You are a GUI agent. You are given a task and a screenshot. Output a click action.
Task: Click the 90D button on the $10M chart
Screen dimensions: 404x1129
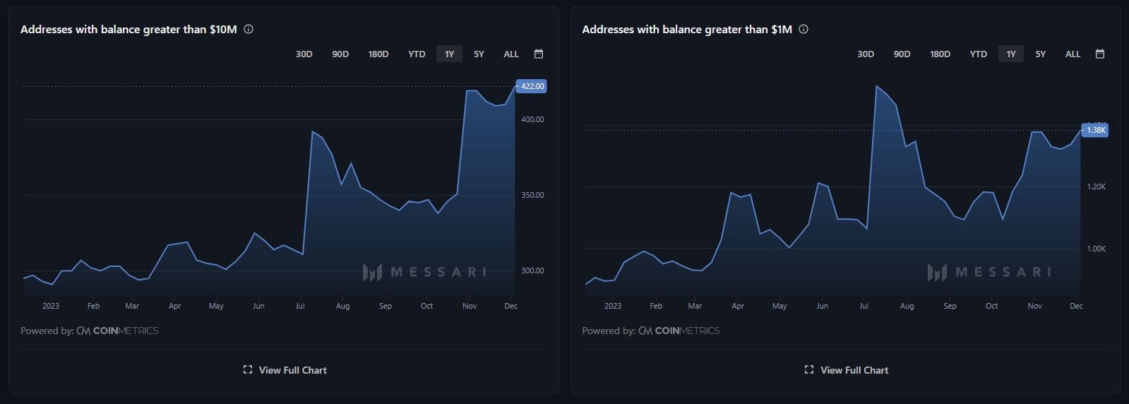[340, 54]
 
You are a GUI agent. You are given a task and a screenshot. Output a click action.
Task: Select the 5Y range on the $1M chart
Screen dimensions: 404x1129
[1040, 54]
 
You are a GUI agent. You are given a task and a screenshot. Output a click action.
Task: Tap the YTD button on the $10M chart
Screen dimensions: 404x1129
[417, 54]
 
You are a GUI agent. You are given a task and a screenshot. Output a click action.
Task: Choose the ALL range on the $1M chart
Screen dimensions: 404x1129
[1073, 54]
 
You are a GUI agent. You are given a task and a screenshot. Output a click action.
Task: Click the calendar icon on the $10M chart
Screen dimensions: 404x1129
[539, 54]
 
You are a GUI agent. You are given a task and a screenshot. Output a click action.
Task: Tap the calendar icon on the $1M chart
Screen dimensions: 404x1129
[1099, 54]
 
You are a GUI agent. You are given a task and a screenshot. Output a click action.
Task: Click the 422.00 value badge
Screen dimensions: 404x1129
[532, 86]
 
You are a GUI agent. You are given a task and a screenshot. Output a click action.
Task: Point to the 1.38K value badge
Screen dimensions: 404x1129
[1096, 130]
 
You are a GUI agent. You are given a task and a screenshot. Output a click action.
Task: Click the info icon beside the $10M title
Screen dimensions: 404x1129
[249, 29]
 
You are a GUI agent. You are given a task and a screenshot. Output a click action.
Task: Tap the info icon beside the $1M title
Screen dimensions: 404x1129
[804, 29]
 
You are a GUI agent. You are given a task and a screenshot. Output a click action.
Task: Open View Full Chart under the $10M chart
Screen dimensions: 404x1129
[285, 370]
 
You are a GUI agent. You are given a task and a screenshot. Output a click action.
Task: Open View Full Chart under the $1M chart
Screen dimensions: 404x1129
[847, 370]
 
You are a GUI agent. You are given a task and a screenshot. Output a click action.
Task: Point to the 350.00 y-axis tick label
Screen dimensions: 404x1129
[532, 195]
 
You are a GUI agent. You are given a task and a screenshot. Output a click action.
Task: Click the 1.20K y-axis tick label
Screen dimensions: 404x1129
[1096, 187]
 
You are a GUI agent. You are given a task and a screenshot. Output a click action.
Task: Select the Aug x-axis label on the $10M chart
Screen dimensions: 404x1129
[342, 306]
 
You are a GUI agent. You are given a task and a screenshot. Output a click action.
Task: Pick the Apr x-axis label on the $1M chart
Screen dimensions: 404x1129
[738, 306]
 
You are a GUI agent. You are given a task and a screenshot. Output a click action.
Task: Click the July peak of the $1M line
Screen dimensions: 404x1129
[877, 86]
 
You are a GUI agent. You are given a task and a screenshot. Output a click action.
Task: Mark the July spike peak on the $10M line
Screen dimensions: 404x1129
[312, 131]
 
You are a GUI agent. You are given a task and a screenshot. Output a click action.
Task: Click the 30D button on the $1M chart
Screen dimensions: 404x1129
[866, 54]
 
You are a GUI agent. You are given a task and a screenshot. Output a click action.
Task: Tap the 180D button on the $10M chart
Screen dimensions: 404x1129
[378, 54]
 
